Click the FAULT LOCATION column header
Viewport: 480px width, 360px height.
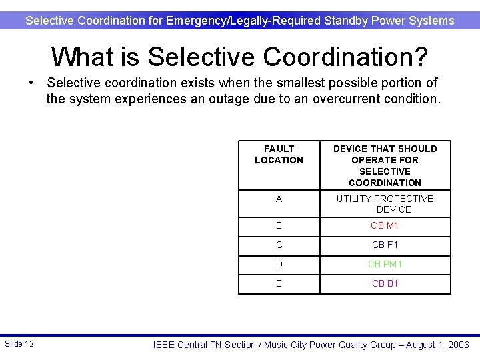tap(279, 155)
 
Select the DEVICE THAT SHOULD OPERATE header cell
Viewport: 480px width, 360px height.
tap(385, 165)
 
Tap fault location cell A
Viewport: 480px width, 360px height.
tap(279, 199)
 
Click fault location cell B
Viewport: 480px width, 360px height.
tap(279, 225)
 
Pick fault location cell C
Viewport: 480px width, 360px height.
tap(279, 245)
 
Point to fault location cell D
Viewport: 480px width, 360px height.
tap(279, 264)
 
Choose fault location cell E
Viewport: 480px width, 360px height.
tap(279, 283)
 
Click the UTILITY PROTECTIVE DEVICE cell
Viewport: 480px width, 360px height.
tap(385, 204)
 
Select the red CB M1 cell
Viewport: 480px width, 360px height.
tap(385, 225)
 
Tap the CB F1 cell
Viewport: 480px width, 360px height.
tap(385, 245)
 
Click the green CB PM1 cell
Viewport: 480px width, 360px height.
tap(385, 264)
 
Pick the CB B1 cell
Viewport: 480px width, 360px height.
tap(385, 283)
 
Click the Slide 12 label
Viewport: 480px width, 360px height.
tap(19, 344)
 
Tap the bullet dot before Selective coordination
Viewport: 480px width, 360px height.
tap(31, 83)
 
